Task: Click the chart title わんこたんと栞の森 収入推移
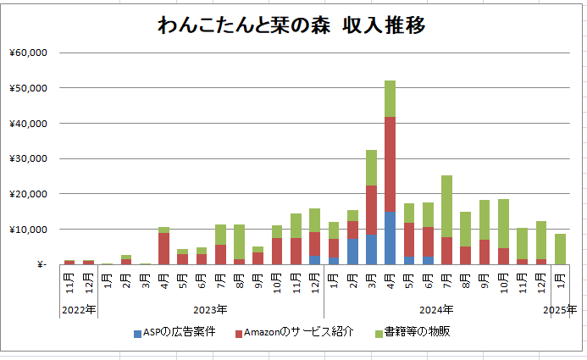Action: coord(291,25)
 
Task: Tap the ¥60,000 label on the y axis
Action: coord(29,53)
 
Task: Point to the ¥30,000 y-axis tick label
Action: coord(29,158)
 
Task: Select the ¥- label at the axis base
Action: coord(42,265)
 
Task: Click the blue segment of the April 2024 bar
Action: coord(390,238)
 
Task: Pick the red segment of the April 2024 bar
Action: coord(390,164)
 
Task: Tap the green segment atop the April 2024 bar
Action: coord(390,99)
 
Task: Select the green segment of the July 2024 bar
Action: coord(446,206)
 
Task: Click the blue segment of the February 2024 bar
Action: coord(352,252)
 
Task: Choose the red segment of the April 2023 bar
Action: coord(164,248)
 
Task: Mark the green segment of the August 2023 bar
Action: coord(239,241)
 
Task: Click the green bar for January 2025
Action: coord(560,249)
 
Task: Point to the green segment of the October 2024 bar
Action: coord(503,224)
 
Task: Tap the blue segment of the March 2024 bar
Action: coord(371,250)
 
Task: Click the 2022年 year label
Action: coord(79,310)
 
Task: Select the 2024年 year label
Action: coord(436,310)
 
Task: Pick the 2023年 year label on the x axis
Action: coord(210,310)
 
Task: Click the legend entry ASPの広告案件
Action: coord(174,332)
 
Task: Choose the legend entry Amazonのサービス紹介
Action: coord(294,332)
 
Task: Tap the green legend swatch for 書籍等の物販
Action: coord(379,334)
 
